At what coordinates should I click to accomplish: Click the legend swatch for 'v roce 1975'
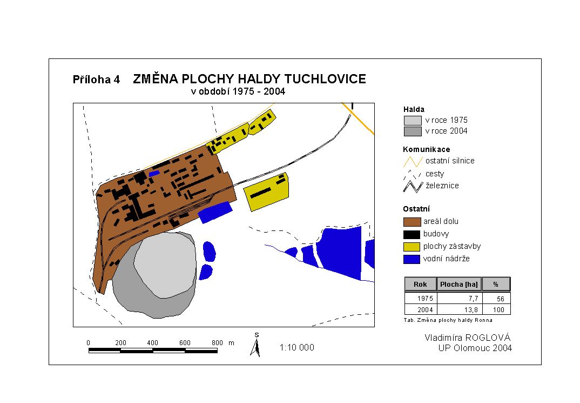click(413, 121)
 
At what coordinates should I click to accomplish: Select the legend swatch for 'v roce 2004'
click(413, 131)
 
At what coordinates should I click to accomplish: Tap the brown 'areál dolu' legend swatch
click(412, 221)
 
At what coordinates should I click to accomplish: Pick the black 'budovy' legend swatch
click(412, 234)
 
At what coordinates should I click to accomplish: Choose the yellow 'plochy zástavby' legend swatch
click(412, 247)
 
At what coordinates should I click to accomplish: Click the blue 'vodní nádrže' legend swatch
click(412, 259)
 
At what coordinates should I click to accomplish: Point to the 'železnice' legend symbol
click(413, 186)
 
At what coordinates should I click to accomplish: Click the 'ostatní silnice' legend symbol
click(413, 162)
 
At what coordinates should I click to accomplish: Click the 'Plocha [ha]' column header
click(459, 285)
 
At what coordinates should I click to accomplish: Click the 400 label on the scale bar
click(152, 343)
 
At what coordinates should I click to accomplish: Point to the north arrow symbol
click(255, 345)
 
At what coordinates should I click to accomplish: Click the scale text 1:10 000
click(296, 347)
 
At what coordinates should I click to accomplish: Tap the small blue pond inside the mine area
click(154, 173)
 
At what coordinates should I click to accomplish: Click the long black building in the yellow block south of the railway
click(260, 193)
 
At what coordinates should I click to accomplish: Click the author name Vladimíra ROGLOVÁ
click(468, 338)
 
